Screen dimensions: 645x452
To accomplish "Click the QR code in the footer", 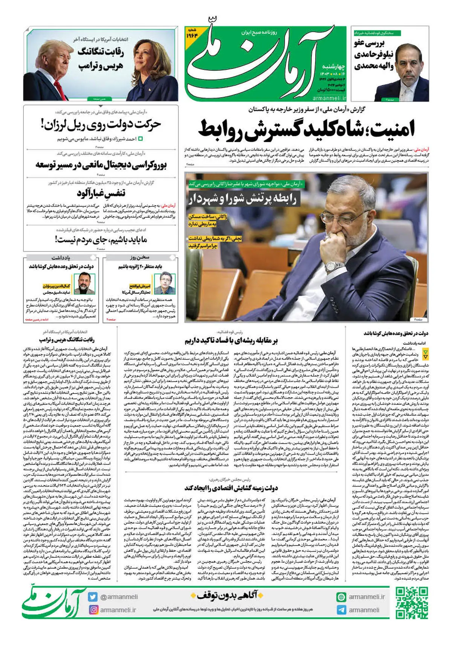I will click(x=412, y=603).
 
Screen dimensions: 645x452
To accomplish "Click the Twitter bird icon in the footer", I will click(x=93, y=597).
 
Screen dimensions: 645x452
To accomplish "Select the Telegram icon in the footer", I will click(x=341, y=610).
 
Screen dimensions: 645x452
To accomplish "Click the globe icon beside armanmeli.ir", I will click(x=341, y=597).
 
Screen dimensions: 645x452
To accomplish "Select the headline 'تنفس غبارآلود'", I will click(x=101, y=193).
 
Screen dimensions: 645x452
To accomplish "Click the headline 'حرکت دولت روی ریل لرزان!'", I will click(x=101, y=125).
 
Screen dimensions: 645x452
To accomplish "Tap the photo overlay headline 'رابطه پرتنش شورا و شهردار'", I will click(x=243, y=199).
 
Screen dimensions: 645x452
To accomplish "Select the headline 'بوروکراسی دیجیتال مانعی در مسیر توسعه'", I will click(x=101, y=164).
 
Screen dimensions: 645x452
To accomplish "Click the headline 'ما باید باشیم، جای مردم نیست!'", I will click(x=101, y=239).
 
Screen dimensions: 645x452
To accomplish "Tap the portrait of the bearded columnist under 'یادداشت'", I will click(x=84, y=283).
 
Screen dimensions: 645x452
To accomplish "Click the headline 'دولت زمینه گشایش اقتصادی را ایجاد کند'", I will click(x=231, y=488).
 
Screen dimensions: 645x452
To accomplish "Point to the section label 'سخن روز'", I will click(x=140, y=257).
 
